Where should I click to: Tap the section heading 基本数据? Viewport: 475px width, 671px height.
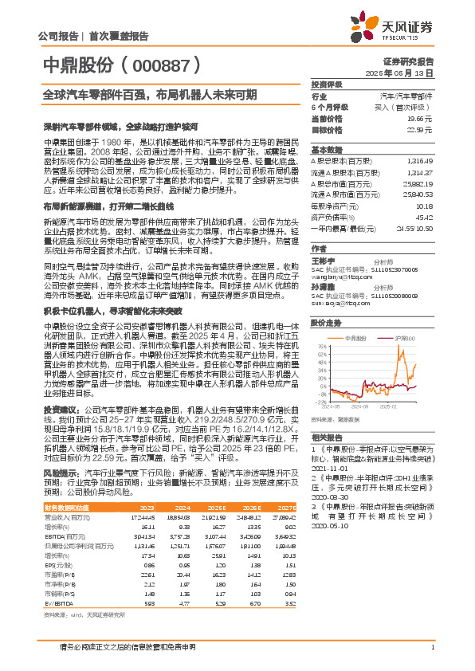[325, 149]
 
